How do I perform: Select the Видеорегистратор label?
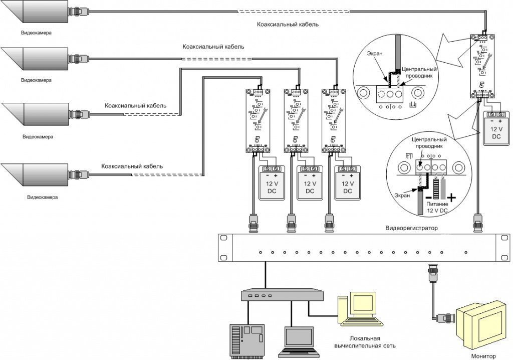411,229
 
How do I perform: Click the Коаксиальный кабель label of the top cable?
288,24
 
